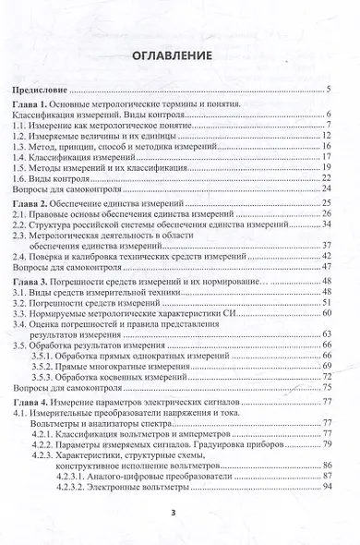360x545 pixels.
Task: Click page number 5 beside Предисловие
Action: tap(330, 91)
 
